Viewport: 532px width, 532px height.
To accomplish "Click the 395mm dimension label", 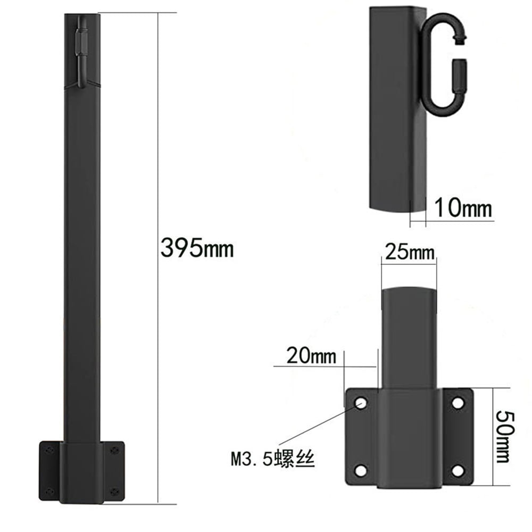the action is click(197, 248).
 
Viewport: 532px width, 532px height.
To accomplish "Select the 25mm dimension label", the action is click(410, 252).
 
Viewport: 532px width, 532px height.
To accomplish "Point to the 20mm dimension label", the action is click(311, 356).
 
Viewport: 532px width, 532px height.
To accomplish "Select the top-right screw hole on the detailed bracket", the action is click(458, 403).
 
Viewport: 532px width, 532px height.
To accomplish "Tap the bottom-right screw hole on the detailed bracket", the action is click(458, 471).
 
